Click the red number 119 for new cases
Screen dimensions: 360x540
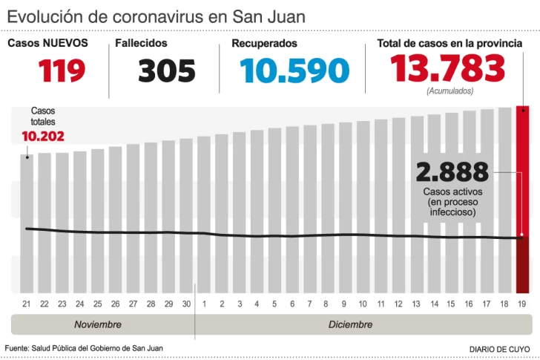(62, 70)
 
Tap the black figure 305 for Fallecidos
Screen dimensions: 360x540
(167, 71)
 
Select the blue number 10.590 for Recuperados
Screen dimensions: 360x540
(294, 71)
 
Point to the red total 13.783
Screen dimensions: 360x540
(449, 69)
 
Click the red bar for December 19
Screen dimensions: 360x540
(523, 200)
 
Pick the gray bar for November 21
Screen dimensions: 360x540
(27, 223)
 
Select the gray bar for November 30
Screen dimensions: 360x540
(186, 215)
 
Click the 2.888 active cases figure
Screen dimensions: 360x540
(452, 172)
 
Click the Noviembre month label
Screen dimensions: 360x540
(98, 325)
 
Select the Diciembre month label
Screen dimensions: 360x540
(351, 325)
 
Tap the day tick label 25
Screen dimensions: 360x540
(97, 304)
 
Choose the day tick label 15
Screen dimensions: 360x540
(451, 304)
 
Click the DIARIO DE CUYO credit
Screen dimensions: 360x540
(501, 349)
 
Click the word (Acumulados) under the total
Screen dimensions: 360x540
(450, 91)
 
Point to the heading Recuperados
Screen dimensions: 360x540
(264, 43)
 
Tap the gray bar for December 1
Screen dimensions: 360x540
(204, 215)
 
